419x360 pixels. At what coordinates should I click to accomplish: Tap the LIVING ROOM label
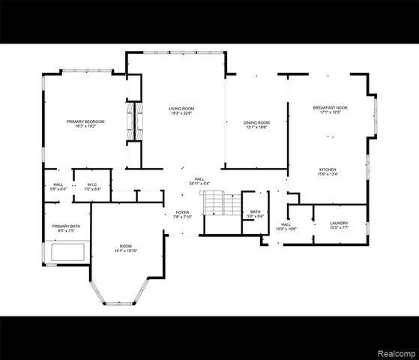point(181,109)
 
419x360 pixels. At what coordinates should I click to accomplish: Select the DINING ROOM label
point(256,122)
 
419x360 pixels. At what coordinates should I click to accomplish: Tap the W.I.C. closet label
point(92,184)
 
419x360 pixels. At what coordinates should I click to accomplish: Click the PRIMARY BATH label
point(65,226)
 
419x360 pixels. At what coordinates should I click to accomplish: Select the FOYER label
point(183,212)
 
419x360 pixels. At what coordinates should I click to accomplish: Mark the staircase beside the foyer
point(213,202)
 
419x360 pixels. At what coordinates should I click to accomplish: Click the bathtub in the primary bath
point(66,251)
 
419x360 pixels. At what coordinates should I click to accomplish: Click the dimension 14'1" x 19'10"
point(127,250)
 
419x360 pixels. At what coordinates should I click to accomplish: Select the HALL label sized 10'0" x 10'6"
point(286,223)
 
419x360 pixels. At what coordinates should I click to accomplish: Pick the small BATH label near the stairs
point(256,211)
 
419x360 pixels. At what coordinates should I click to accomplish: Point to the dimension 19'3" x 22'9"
point(181,114)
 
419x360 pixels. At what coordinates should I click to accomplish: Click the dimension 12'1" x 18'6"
point(256,127)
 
